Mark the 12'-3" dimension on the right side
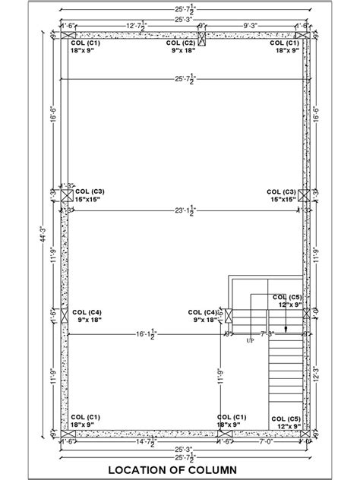coord(315,374)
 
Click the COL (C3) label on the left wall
coord(90,191)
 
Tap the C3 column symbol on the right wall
coord(304,195)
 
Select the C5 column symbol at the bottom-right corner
coord(303,434)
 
